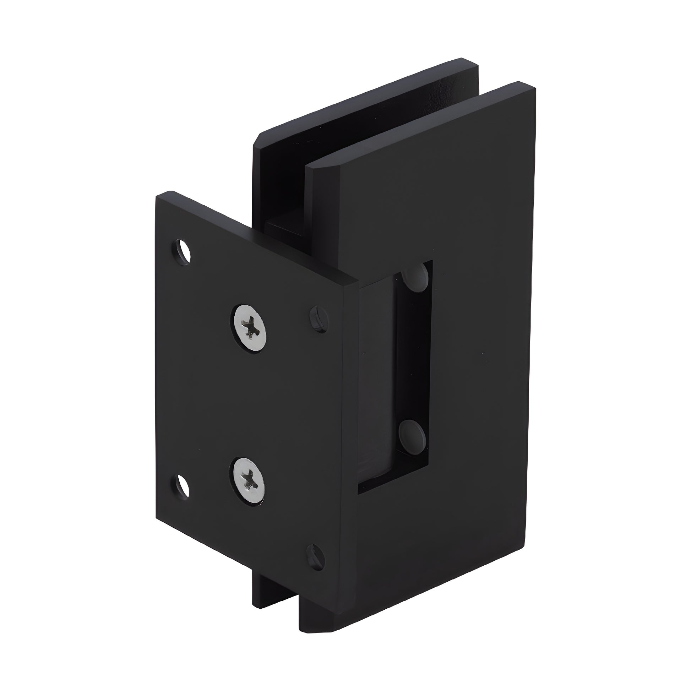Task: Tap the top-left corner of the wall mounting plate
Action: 157,197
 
